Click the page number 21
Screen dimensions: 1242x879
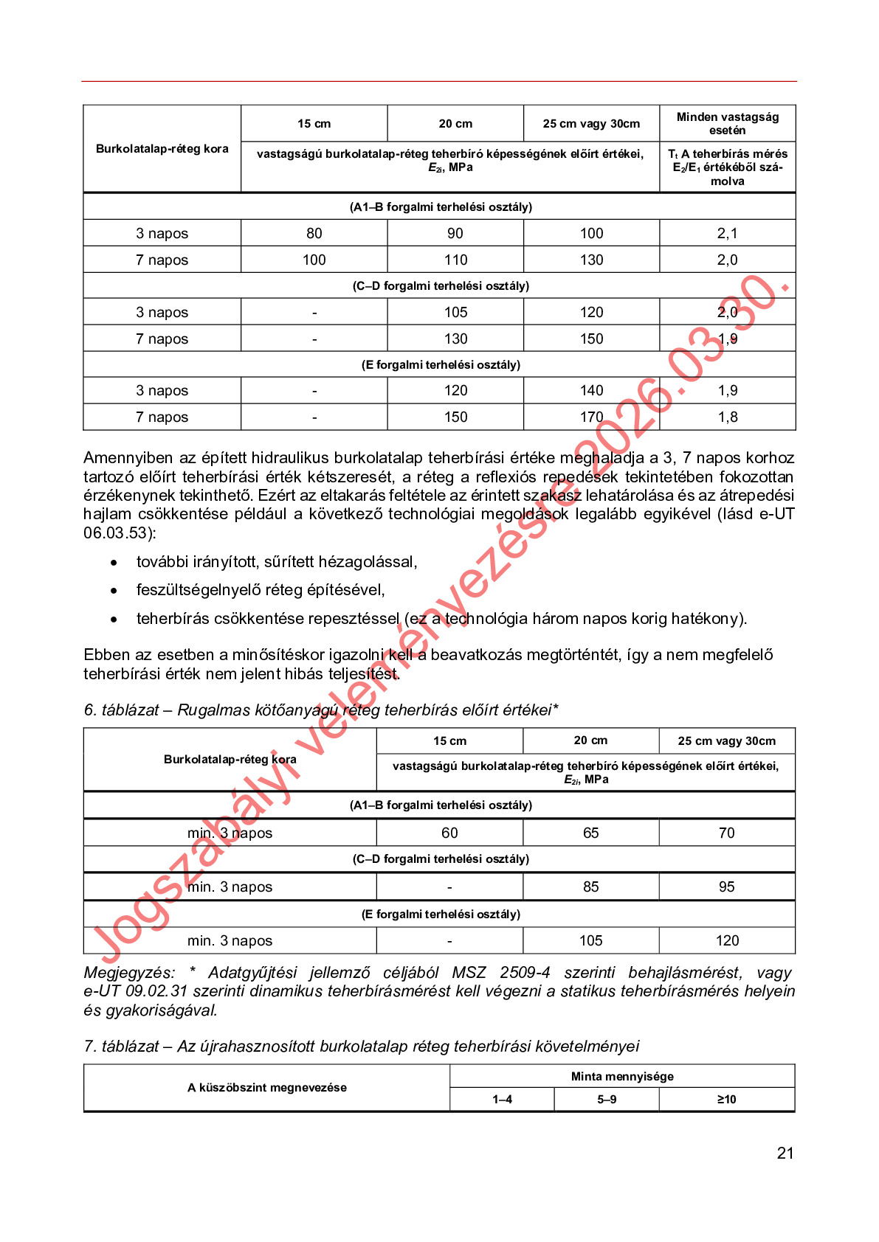785,1153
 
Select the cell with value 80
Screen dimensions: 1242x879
314,233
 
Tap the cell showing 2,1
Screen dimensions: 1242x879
727,233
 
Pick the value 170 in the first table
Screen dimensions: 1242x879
591,417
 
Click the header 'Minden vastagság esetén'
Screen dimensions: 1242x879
727,123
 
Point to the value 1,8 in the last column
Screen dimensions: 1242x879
727,417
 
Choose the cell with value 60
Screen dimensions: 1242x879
449,833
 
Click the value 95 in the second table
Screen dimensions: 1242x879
726,887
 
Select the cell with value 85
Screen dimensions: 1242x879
590,887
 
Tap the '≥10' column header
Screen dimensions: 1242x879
726,1099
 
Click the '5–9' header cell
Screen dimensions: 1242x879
607,1099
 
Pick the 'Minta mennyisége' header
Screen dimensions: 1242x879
622,1076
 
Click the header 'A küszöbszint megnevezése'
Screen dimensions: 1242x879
266,1087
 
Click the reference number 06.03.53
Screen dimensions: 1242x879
115,532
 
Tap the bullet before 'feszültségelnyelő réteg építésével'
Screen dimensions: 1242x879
114,591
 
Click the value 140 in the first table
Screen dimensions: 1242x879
591,390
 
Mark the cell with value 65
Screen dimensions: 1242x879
590,833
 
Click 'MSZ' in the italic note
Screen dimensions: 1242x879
469,973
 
